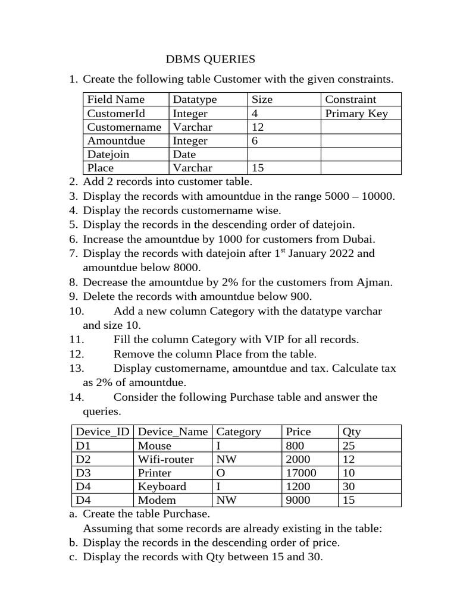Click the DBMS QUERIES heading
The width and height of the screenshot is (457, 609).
(x=209, y=59)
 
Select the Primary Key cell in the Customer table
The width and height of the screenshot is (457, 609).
(x=356, y=114)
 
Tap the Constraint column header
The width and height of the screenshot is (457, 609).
(x=350, y=99)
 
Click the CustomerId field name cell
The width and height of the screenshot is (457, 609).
(x=116, y=114)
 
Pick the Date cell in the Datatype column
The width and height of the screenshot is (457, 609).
(x=184, y=154)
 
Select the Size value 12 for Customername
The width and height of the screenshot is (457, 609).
(x=258, y=127)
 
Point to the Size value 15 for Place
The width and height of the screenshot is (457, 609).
(x=258, y=168)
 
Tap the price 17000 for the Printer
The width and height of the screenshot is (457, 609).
(x=301, y=473)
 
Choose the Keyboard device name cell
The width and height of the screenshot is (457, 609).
(x=162, y=486)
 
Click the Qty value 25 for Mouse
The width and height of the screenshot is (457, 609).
(x=349, y=445)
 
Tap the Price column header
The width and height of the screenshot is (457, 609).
(x=298, y=432)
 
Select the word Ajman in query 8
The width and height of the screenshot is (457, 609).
(x=374, y=282)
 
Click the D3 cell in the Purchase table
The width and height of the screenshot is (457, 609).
(x=84, y=473)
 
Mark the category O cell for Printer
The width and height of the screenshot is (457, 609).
(x=220, y=473)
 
